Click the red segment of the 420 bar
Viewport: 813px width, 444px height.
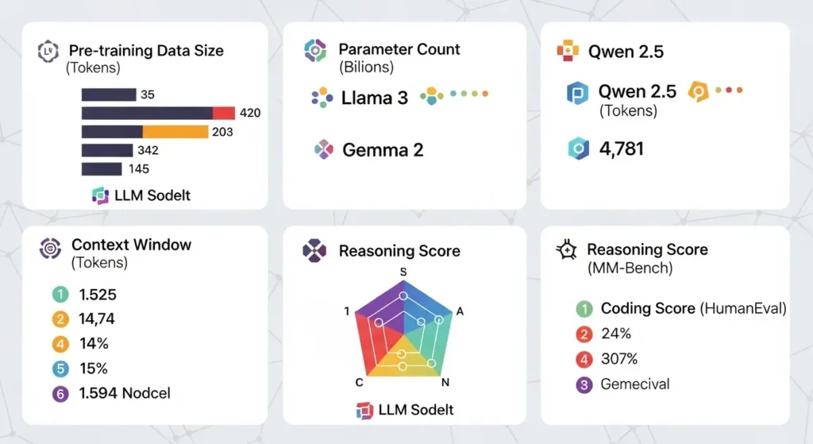point(224,113)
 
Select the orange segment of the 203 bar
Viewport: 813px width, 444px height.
point(175,131)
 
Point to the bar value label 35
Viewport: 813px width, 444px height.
point(147,95)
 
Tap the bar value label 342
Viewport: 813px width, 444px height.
point(148,150)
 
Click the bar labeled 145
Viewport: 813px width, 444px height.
point(102,168)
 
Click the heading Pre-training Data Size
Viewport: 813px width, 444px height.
point(146,51)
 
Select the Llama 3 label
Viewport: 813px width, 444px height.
point(375,98)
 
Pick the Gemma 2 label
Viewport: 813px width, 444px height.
point(383,149)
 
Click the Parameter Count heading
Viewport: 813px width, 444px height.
point(399,49)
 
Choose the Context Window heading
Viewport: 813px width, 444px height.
point(131,245)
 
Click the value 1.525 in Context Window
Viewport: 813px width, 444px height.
point(98,295)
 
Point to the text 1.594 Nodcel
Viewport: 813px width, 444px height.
point(125,393)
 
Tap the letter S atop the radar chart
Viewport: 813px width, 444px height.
point(403,272)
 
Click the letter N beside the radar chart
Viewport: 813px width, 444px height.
point(445,383)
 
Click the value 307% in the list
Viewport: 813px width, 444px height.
point(619,359)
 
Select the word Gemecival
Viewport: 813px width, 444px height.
point(635,384)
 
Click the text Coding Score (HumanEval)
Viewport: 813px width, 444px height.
point(693,308)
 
